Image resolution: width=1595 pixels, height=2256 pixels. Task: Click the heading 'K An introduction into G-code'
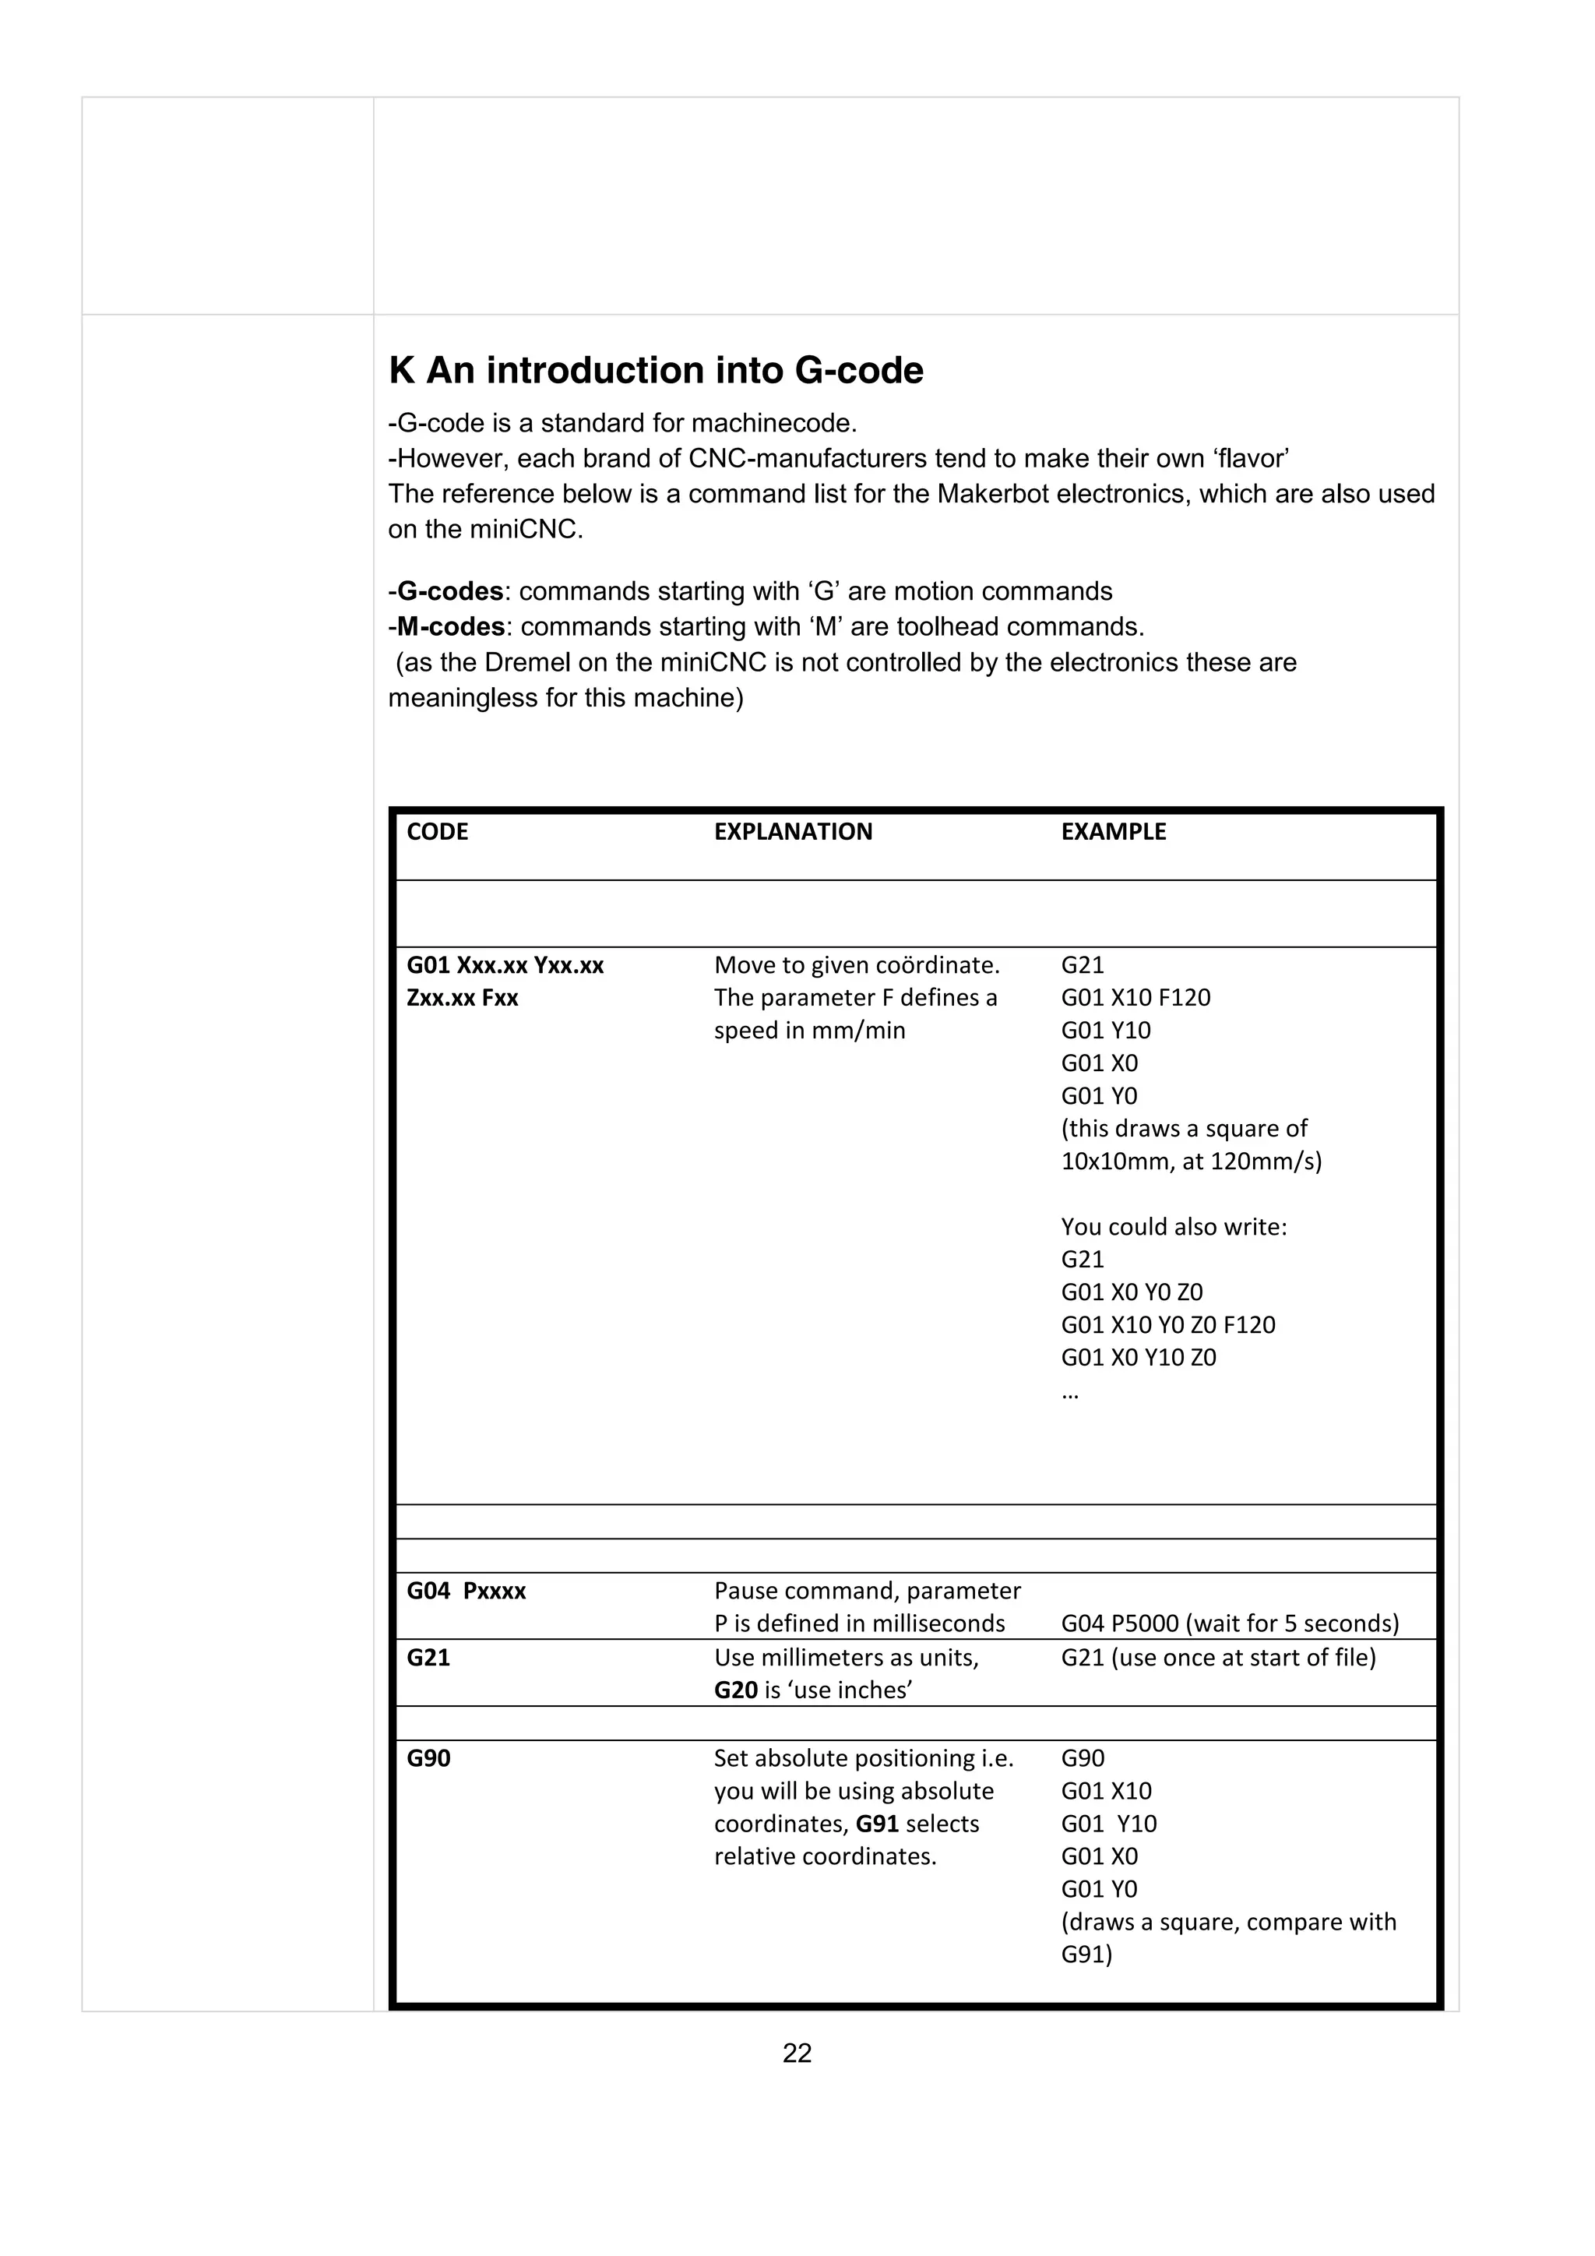(656, 371)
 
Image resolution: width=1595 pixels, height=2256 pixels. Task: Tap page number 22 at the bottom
(797, 2053)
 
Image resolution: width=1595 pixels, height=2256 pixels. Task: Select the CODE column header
(437, 831)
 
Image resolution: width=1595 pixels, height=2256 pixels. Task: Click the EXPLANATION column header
(793, 831)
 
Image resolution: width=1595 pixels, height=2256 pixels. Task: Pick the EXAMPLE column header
(1113, 831)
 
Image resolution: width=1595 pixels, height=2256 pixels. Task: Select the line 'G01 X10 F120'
(1136, 997)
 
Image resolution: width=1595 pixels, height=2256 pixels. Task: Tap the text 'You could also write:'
(1174, 1226)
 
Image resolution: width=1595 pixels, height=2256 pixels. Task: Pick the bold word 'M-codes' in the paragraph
(451, 627)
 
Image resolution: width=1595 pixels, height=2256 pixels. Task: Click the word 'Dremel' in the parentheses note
(526, 662)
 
